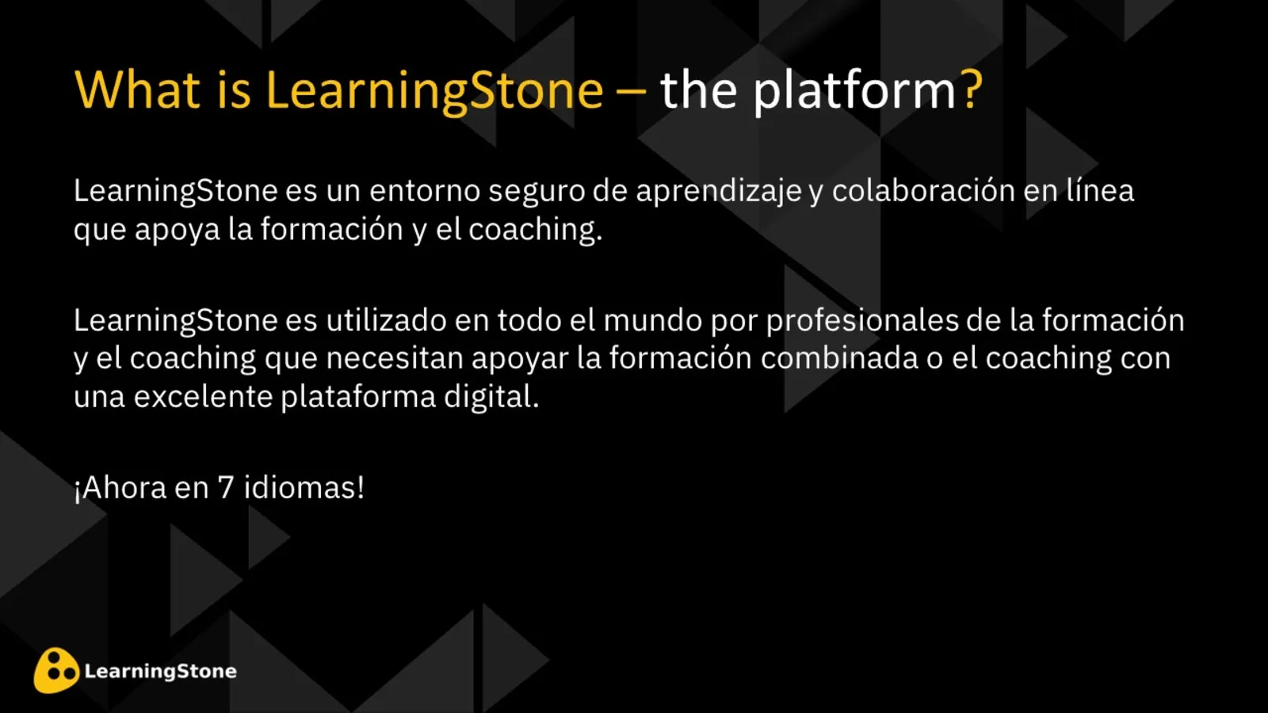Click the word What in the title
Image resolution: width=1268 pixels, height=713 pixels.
tap(137, 90)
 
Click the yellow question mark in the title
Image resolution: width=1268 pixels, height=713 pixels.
tap(972, 90)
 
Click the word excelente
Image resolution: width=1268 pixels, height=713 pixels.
tap(202, 397)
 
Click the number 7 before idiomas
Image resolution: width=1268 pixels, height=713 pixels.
tap(226, 488)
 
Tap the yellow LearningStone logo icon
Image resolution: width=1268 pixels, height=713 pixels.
tap(56, 670)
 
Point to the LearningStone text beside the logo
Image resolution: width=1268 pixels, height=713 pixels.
tap(160, 671)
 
